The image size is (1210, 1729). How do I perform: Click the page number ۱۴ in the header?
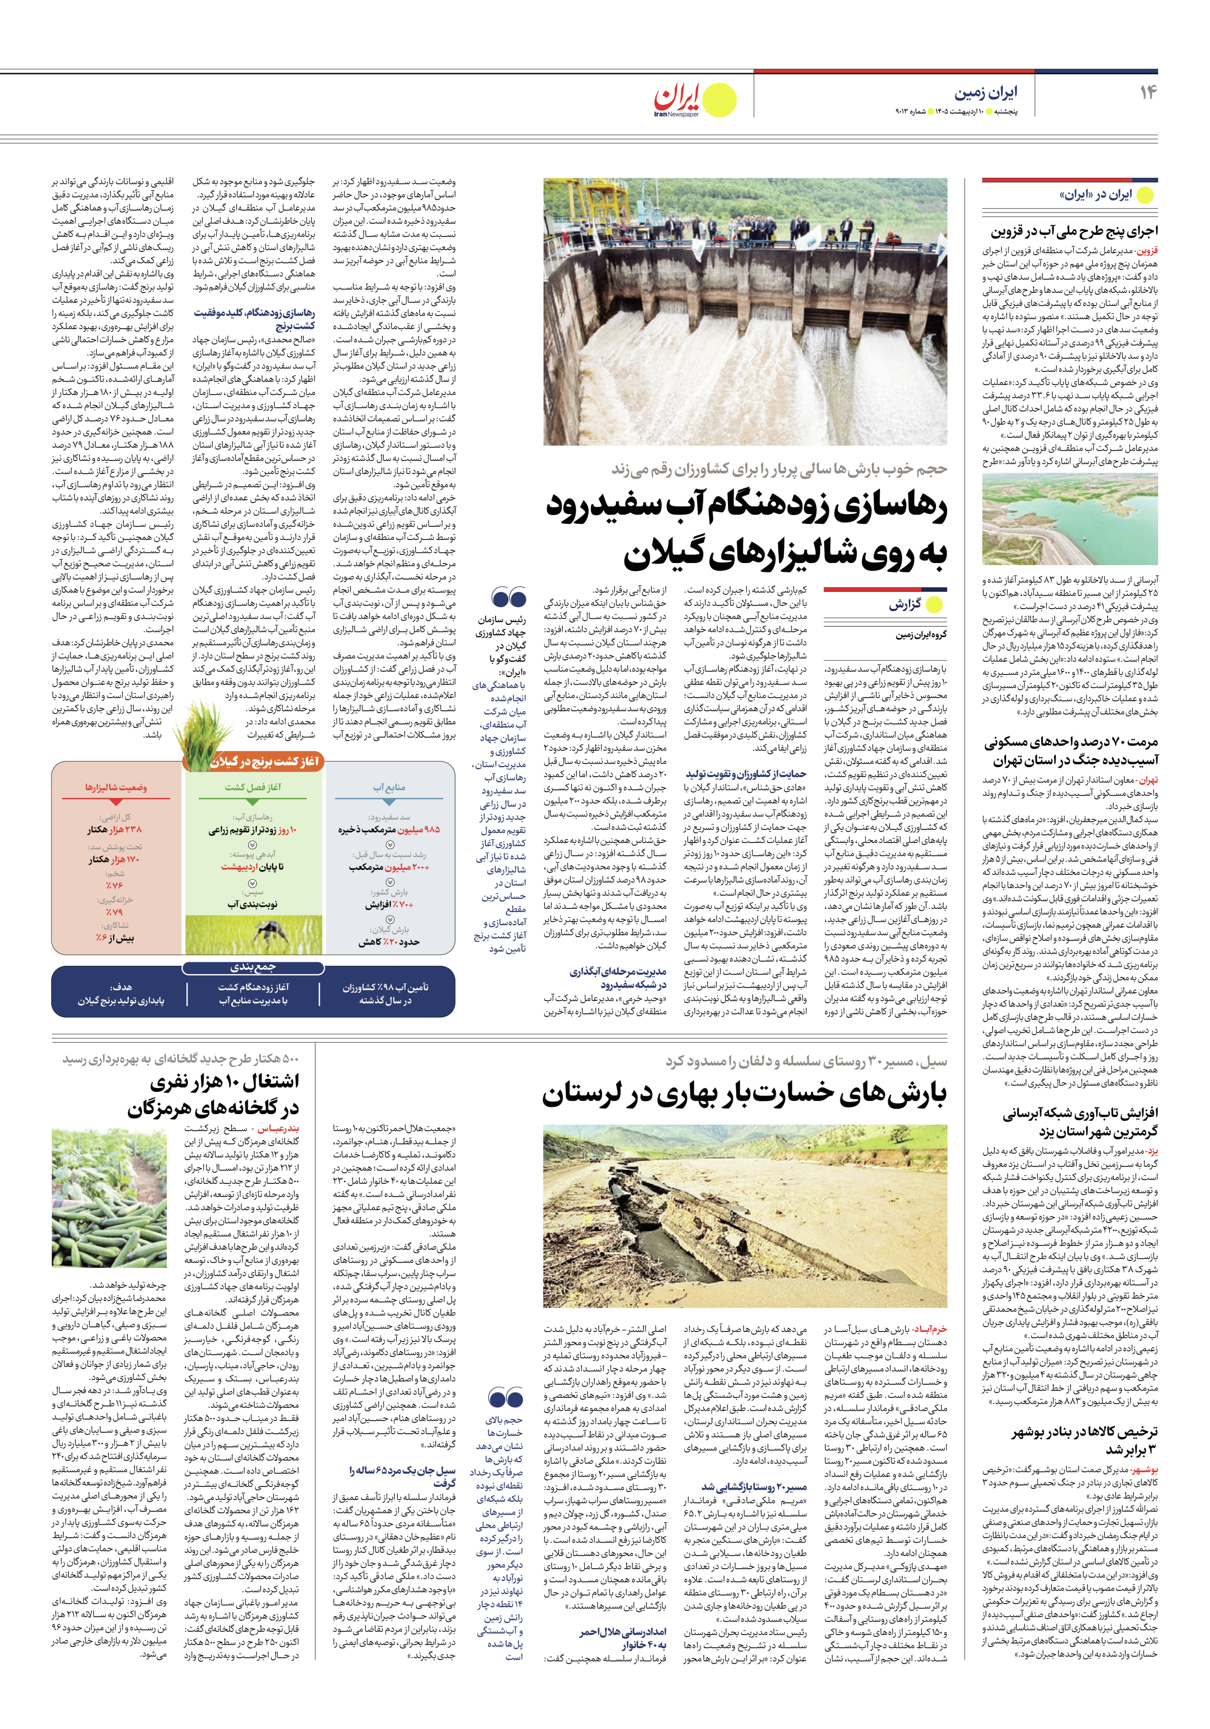coord(1148,92)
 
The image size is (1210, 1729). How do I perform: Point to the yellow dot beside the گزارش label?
coord(934,604)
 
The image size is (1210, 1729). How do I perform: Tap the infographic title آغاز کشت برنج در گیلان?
coord(264,762)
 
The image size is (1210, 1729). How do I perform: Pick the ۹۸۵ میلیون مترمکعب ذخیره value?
coord(389,829)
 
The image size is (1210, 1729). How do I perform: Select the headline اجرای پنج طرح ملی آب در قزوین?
coord(1074,231)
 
